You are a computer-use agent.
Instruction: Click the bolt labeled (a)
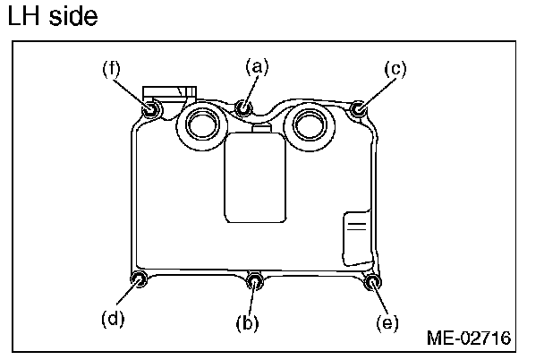pos(242,109)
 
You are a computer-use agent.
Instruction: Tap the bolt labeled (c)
pos(358,110)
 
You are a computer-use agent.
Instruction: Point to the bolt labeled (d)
pos(139,281)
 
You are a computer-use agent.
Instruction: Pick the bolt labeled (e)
pos(372,284)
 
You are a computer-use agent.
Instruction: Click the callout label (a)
pos(257,65)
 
